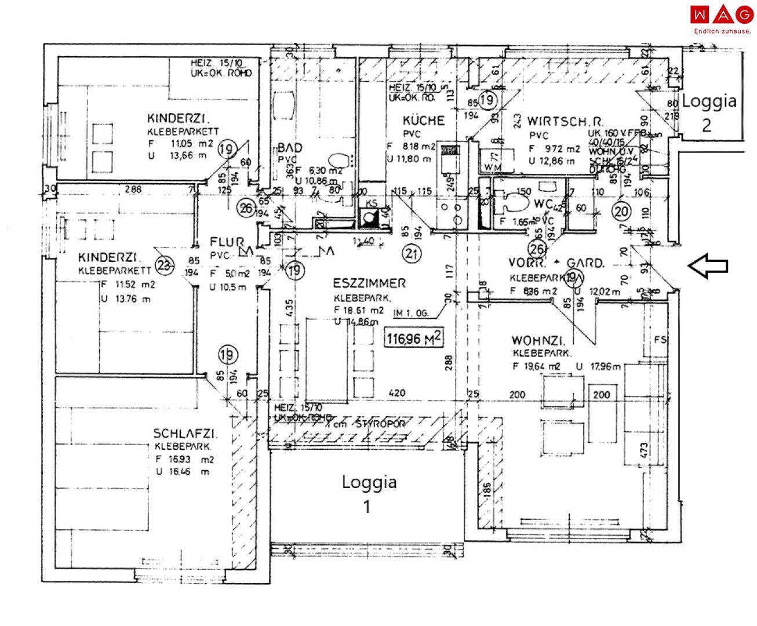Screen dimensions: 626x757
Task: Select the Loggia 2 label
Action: pyautogui.click(x=709, y=112)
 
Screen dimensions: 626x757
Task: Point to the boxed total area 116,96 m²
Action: pyautogui.click(x=413, y=336)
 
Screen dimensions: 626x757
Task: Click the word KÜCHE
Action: pyautogui.click(x=424, y=121)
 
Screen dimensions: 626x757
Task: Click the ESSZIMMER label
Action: pyautogui.click(x=369, y=283)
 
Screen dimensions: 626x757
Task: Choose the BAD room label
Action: pyautogui.click(x=290, y=147)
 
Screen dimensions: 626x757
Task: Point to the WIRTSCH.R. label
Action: pyautogui.click(x=566, y=122)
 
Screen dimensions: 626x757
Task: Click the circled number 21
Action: pyautogui.click(x=412, y=253)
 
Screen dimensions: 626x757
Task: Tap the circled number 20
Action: pyautogui.click(x=622, y=211)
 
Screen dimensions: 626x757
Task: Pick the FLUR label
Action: pyautogui.click(x=222, y=242)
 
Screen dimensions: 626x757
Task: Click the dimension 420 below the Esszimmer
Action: pyautogui.click(x=396, y=394)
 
